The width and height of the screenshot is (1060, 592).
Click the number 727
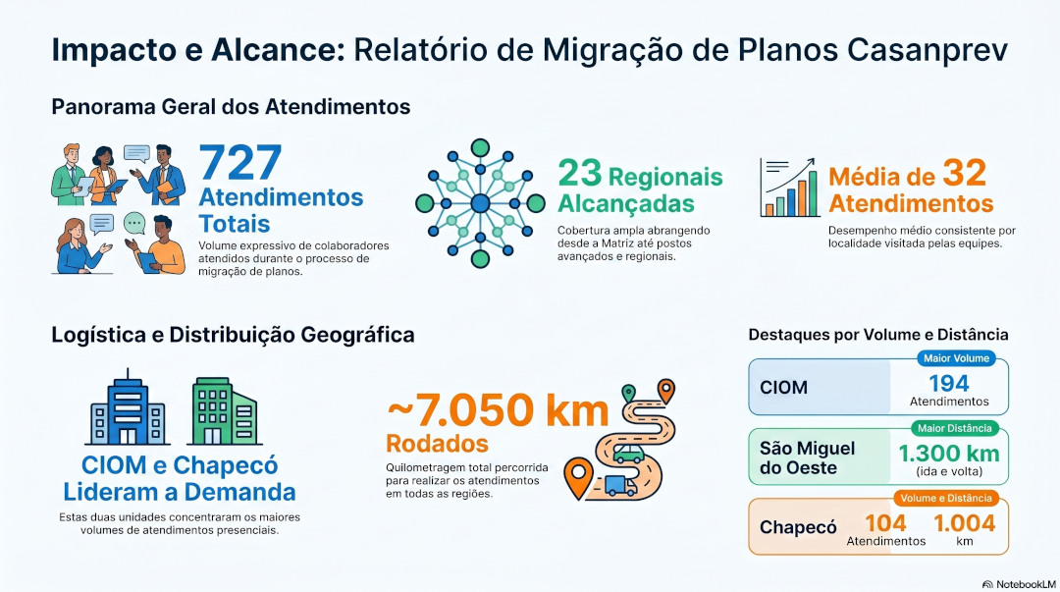240,162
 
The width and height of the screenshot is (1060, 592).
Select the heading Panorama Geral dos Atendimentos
231,106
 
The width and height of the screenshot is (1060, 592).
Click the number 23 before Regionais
579,173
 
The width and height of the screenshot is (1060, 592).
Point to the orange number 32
965,173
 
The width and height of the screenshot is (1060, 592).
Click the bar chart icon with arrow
789,188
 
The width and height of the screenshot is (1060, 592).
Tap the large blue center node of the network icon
480,203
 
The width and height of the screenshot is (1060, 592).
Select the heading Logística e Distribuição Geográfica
233,334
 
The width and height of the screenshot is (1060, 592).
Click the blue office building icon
128,407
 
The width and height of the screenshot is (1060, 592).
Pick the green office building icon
225,410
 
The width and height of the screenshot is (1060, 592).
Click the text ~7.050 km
498,410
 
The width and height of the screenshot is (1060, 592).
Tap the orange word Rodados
437,444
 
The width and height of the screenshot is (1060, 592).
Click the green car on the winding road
628,453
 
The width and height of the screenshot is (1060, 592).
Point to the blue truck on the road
620,485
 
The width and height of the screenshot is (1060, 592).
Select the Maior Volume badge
956,358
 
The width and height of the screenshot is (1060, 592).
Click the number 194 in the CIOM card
949,384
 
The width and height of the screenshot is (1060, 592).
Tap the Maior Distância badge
955,428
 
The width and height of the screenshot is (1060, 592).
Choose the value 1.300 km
949,453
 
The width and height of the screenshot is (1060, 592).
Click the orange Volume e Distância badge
946,498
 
